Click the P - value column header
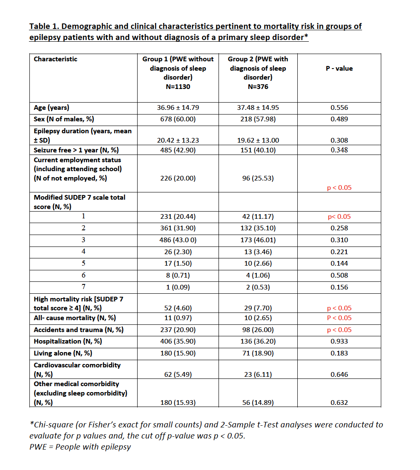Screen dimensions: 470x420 339,68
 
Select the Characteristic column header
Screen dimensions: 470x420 55,59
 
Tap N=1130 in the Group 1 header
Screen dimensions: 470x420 178,87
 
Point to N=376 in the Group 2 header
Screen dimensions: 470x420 258,87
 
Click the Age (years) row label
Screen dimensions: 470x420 52,108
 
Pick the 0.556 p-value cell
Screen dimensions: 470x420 339,108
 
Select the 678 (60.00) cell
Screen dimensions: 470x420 178,119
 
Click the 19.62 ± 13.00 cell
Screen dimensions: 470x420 258,140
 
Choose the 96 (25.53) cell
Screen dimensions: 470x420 258,178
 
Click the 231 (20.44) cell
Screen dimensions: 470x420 178,217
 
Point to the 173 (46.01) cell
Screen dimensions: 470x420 258,240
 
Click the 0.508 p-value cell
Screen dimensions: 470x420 339,275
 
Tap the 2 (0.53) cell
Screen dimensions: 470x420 258,287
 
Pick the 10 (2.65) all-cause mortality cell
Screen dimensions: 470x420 258,318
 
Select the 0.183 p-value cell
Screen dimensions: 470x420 339,353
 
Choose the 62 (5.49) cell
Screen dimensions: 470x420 178,375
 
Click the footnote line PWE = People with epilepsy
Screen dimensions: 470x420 80,447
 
